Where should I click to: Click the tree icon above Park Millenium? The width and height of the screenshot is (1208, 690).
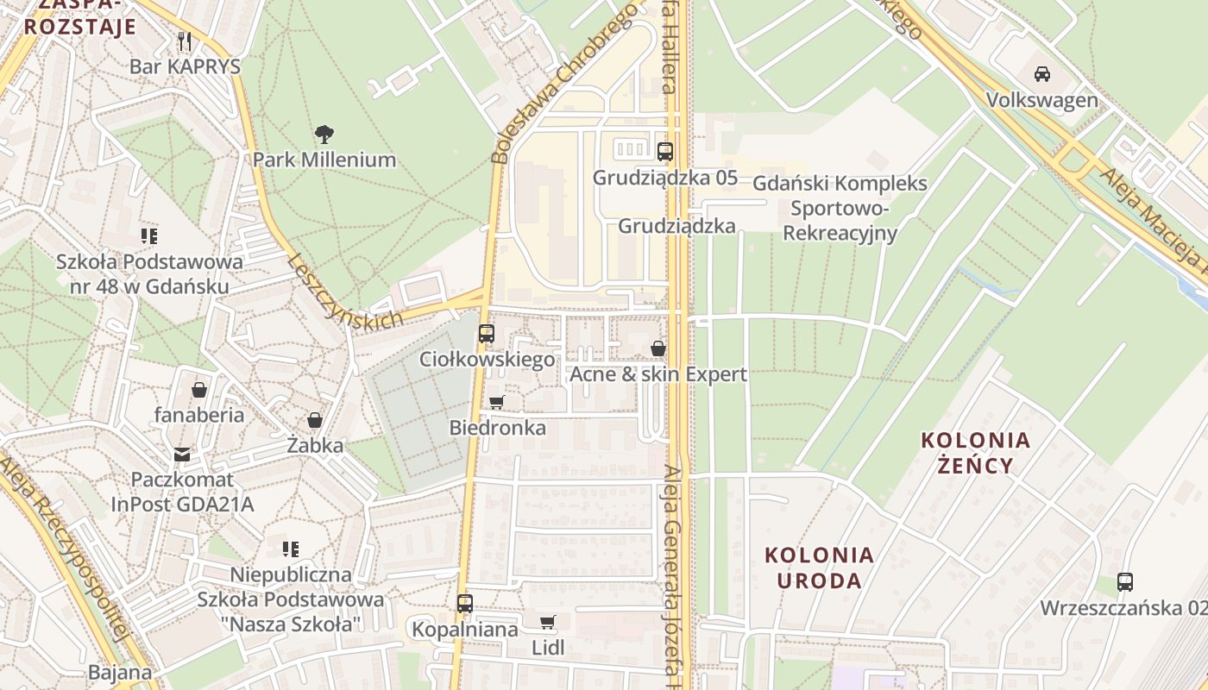324,135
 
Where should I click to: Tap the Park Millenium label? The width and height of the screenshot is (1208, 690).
324,160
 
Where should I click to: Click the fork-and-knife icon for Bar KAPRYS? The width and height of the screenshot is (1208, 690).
184,41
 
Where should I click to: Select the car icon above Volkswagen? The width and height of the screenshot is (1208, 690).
1042,74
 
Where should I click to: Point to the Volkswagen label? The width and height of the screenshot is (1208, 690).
1042,100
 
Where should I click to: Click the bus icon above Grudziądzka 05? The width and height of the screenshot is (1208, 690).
664,152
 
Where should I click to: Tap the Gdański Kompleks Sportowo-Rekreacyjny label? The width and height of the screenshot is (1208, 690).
840,208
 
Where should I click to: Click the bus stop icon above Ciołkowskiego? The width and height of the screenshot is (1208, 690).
487,334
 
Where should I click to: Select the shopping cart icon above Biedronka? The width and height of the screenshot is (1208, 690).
496,403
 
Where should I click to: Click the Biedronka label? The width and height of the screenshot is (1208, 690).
497,428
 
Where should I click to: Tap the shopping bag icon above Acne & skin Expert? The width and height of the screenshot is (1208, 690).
658,348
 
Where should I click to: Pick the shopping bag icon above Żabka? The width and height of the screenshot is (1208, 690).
315,420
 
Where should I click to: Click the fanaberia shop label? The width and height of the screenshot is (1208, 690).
199,415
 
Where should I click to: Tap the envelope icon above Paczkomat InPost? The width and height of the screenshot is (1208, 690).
182,454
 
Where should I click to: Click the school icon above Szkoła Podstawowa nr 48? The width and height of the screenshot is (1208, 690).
149,235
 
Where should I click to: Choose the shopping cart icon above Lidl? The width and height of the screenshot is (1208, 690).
547,622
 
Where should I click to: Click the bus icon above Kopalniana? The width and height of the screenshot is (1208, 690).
465,604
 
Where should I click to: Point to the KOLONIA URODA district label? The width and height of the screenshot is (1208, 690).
819,567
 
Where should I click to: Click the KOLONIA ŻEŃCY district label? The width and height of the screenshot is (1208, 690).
975,453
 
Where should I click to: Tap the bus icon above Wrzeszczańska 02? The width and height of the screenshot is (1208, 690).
1124,582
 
